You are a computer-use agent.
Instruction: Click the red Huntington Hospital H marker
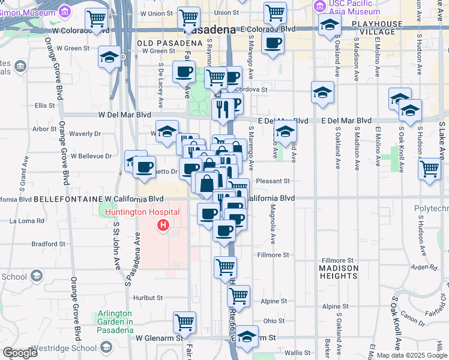pos(162,226)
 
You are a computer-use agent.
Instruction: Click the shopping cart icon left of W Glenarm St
pos(184,322)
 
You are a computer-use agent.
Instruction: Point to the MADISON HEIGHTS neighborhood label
pos(338,272)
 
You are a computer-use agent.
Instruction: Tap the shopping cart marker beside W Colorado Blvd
pos(96,19)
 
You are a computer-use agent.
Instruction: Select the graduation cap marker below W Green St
pos(109,58)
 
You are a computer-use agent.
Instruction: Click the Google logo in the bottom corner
pos(20,353)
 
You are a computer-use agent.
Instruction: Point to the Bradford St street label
pos(48,244)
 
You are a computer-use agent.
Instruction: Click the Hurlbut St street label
pos(148,298)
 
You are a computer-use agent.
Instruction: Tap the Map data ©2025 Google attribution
pos(411,355)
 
